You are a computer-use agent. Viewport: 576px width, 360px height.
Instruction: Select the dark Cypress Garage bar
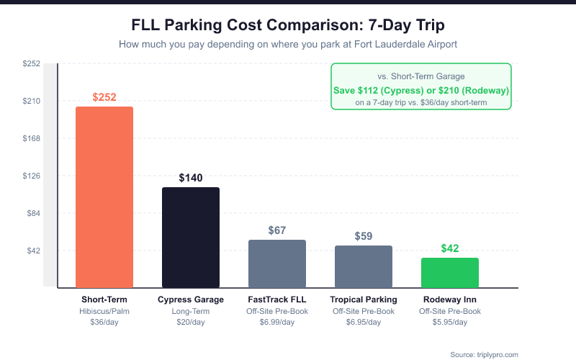(x=191, y=238)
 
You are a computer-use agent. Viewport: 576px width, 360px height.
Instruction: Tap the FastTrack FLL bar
(x=277, y=264)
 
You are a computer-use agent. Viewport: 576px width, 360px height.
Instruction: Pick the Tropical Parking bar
(x=364, y=266)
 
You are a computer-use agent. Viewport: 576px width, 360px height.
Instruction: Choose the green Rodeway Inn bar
(x=450, y=273)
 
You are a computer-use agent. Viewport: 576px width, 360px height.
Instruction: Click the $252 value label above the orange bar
(x=104, y=97)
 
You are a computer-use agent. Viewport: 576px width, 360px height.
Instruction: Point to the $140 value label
(x=191, y=178)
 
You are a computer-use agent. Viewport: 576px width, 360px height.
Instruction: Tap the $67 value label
(x=277, y=230)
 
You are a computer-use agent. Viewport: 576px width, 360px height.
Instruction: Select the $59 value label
(x=364, y=236)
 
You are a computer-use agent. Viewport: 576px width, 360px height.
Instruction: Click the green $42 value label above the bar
(x=450, y=248)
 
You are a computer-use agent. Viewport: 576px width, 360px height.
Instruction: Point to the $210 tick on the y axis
(x=32, y=101)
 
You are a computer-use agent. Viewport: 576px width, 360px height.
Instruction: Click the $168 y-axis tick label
(x=32, y=138)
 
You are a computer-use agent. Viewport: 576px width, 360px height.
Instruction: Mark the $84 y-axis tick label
(x=33, y=213)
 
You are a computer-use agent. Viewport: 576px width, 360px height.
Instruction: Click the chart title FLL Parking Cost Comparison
(x=288, y=25)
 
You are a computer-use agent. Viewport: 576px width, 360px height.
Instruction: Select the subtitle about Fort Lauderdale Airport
(x=288, y=45)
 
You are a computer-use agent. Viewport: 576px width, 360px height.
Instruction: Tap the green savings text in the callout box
(x=421, y=91)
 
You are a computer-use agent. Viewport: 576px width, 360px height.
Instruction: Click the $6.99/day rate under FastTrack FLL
(x=277, y=322)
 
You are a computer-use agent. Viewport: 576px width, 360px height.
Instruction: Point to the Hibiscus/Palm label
(x=104, y=311)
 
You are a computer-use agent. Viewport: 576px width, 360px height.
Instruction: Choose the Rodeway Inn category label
(x=450, y=300)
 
